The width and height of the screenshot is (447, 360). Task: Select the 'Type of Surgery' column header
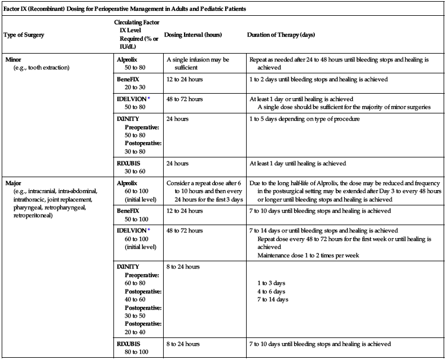24,35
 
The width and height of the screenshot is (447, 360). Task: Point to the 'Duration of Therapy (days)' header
281,35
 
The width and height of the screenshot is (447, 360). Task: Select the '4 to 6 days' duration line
270,292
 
